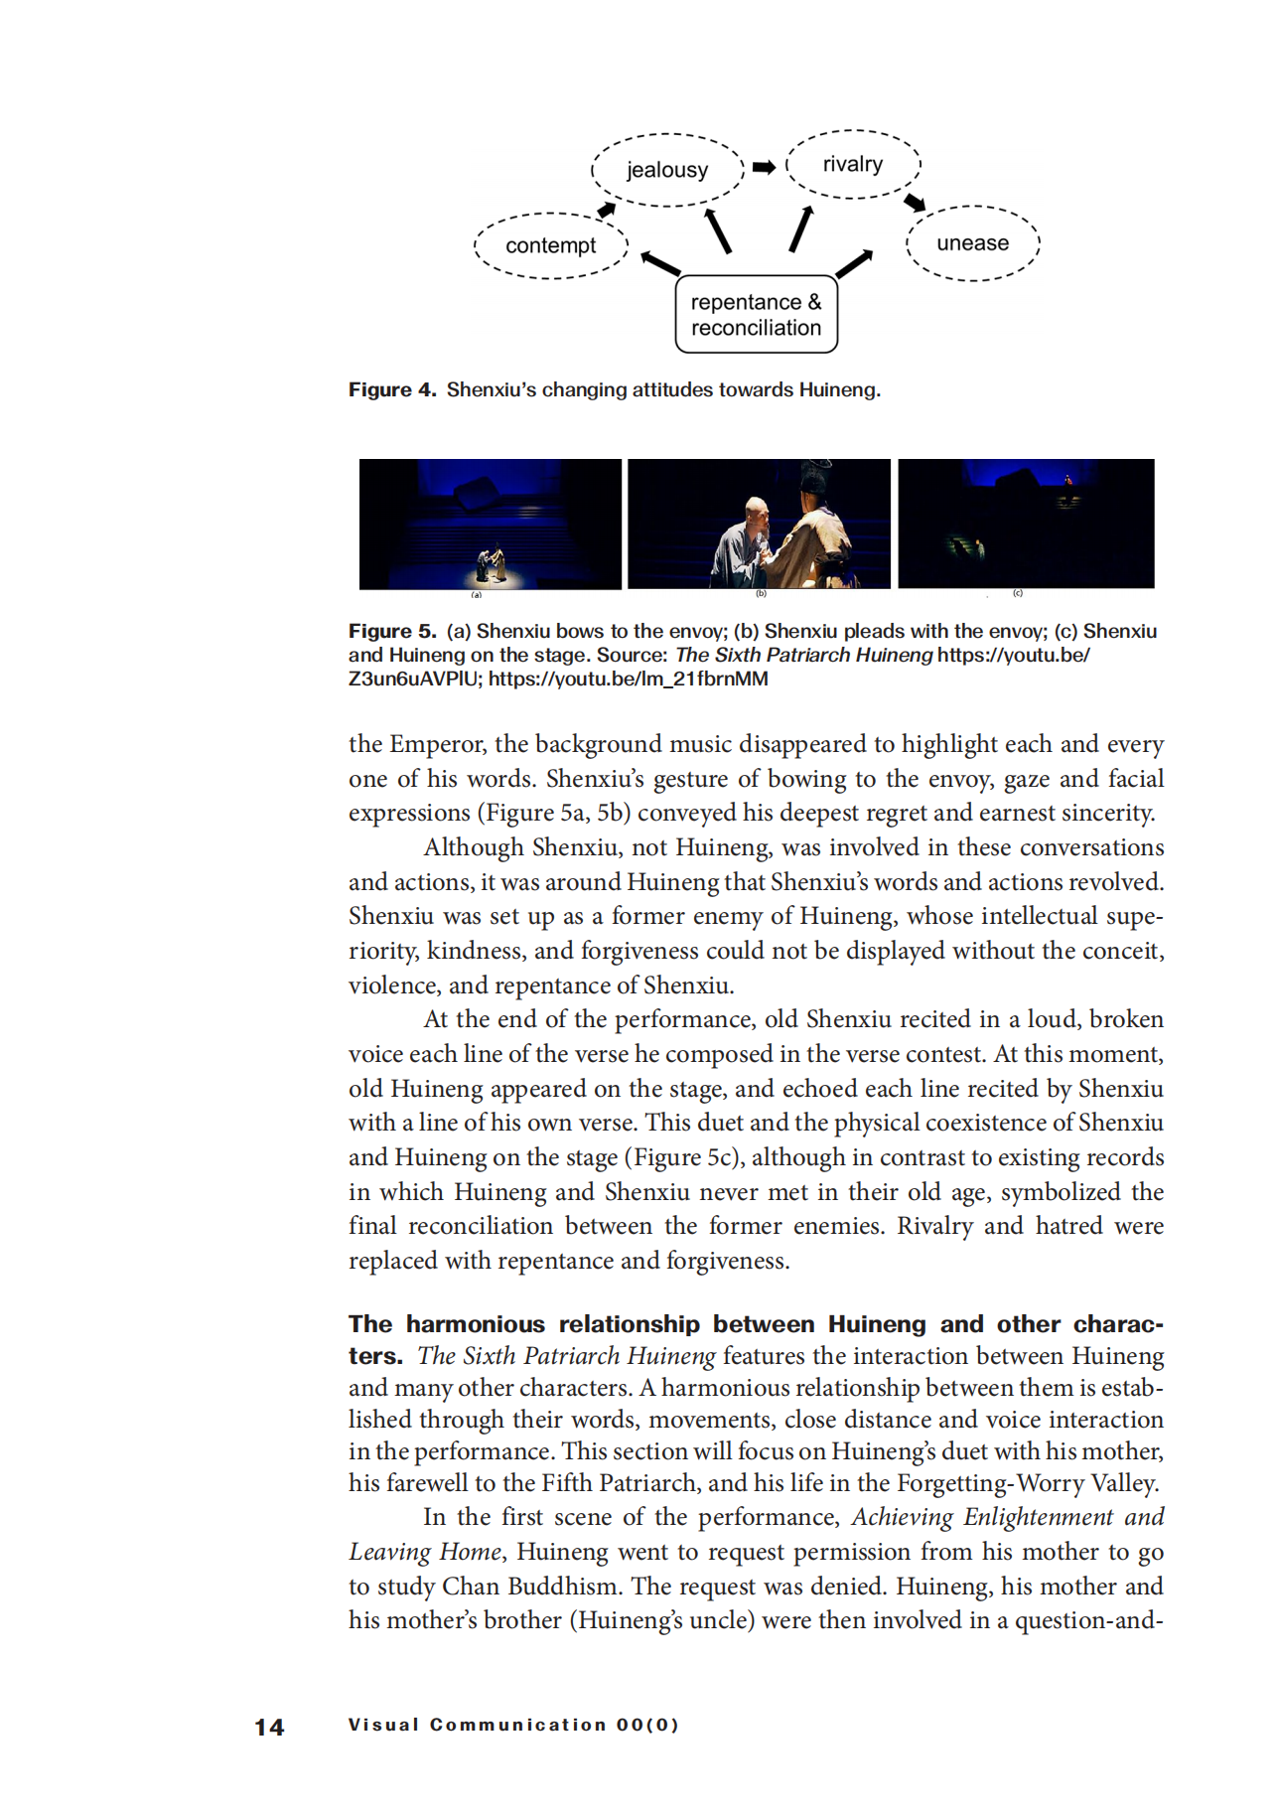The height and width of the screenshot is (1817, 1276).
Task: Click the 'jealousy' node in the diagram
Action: coord(667,170)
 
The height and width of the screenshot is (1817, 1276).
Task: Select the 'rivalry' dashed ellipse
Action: coord(853,164)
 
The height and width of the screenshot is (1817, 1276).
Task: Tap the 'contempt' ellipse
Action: coord(551,245)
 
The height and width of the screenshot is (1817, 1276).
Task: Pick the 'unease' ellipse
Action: coord(973,243)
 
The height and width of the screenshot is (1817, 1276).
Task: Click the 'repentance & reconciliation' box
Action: coord(757,315)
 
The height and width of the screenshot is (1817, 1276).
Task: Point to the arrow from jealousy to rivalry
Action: coord(764,167)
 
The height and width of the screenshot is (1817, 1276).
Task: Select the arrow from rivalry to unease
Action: coord(915,203)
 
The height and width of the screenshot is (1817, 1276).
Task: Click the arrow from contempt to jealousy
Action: coord(606,209)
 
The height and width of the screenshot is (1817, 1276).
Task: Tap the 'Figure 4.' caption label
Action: coord(392,389)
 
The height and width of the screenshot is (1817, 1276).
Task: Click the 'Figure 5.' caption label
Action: coord(392,631)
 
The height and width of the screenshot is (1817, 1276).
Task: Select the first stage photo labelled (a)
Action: coord(491,524)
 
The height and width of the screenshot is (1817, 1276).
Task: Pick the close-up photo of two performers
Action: coord(760,524)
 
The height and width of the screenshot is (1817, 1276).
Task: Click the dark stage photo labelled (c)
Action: coord(1026,524)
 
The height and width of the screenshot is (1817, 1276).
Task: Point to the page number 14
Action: coord(269,1727)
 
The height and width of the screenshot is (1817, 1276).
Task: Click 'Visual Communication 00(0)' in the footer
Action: coord(513,1725)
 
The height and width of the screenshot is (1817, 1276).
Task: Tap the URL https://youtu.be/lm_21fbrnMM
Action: coord(628,679)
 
